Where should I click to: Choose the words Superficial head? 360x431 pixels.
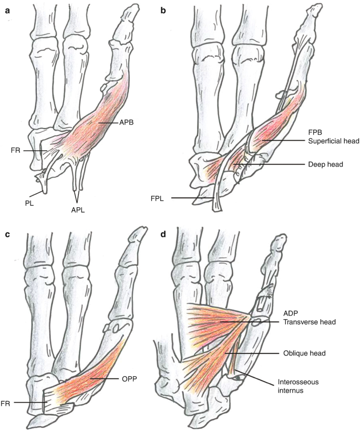pos(329,141)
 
